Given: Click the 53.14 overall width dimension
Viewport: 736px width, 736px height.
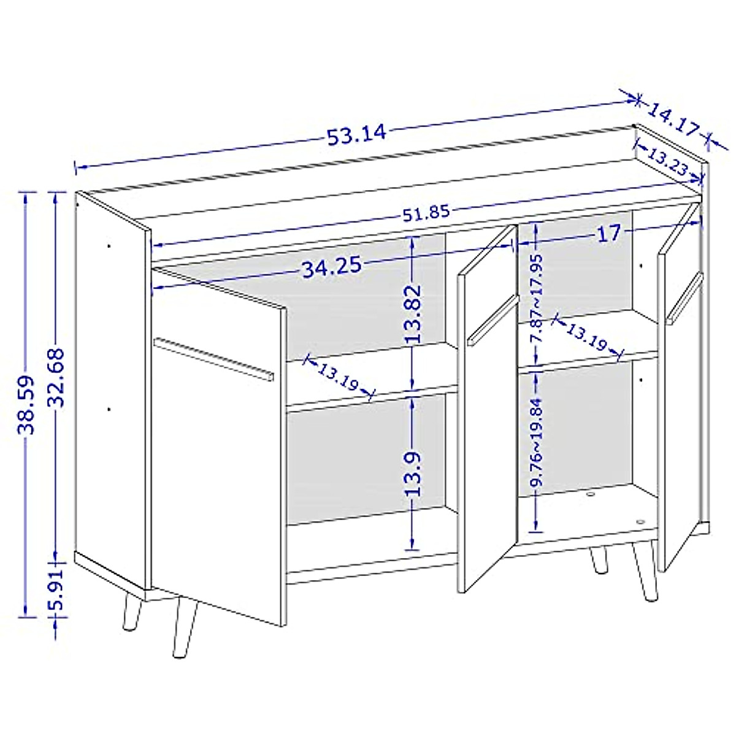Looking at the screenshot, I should [356, 134].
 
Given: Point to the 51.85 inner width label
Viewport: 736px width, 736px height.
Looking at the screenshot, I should [426, 213].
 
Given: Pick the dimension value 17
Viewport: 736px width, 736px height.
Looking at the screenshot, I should [609, 234].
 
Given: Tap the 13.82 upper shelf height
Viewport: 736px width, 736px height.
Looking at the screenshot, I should [413, 313].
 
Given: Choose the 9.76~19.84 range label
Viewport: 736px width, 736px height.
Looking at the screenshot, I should [537, 442].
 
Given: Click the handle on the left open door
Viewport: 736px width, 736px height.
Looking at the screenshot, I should [213, 358].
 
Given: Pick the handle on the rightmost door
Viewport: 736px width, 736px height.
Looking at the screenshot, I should [684, 298].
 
